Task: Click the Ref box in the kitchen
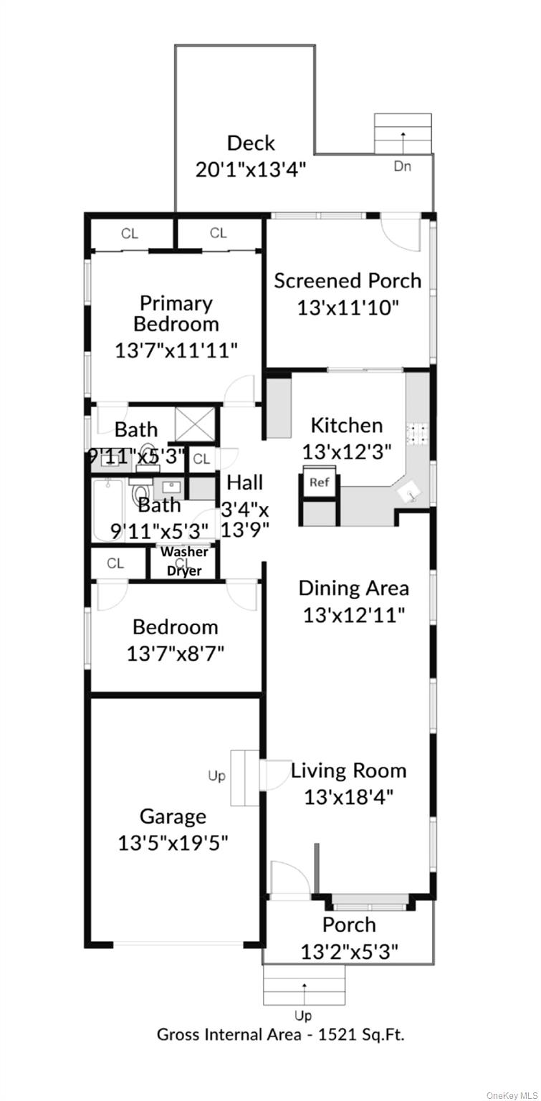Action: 319,482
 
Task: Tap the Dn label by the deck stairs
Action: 402,166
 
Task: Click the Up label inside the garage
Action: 216,776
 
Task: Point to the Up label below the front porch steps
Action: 303,1015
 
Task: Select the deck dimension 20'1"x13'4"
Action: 251,169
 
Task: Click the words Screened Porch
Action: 348,280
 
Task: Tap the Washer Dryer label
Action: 184,561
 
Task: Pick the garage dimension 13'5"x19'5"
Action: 173,842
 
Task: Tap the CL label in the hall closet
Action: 201,459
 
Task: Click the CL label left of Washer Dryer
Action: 115,563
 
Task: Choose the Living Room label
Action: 348,771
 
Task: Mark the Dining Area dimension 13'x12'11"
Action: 354,615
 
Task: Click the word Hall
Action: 245,482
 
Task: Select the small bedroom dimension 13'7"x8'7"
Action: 176,654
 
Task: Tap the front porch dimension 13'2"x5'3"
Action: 349,951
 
